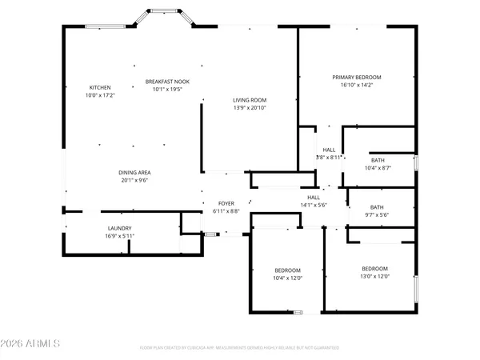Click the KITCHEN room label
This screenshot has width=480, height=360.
tap(100, 87)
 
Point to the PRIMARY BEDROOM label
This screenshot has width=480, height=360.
tap(357, 78)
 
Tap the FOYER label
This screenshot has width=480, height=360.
tap(226, 203)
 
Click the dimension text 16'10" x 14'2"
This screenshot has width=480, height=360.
tap(357, 86)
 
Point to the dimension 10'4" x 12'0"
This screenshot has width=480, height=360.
tap(287, 277)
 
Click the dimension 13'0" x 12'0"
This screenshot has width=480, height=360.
tap(374, 277)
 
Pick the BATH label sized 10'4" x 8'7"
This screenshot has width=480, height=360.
tap(377, 160)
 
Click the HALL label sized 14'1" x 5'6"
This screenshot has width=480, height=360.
tap(314, 197)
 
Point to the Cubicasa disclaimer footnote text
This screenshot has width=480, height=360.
tap(239, 348)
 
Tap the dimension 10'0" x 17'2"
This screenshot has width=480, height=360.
tap(100, 95)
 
